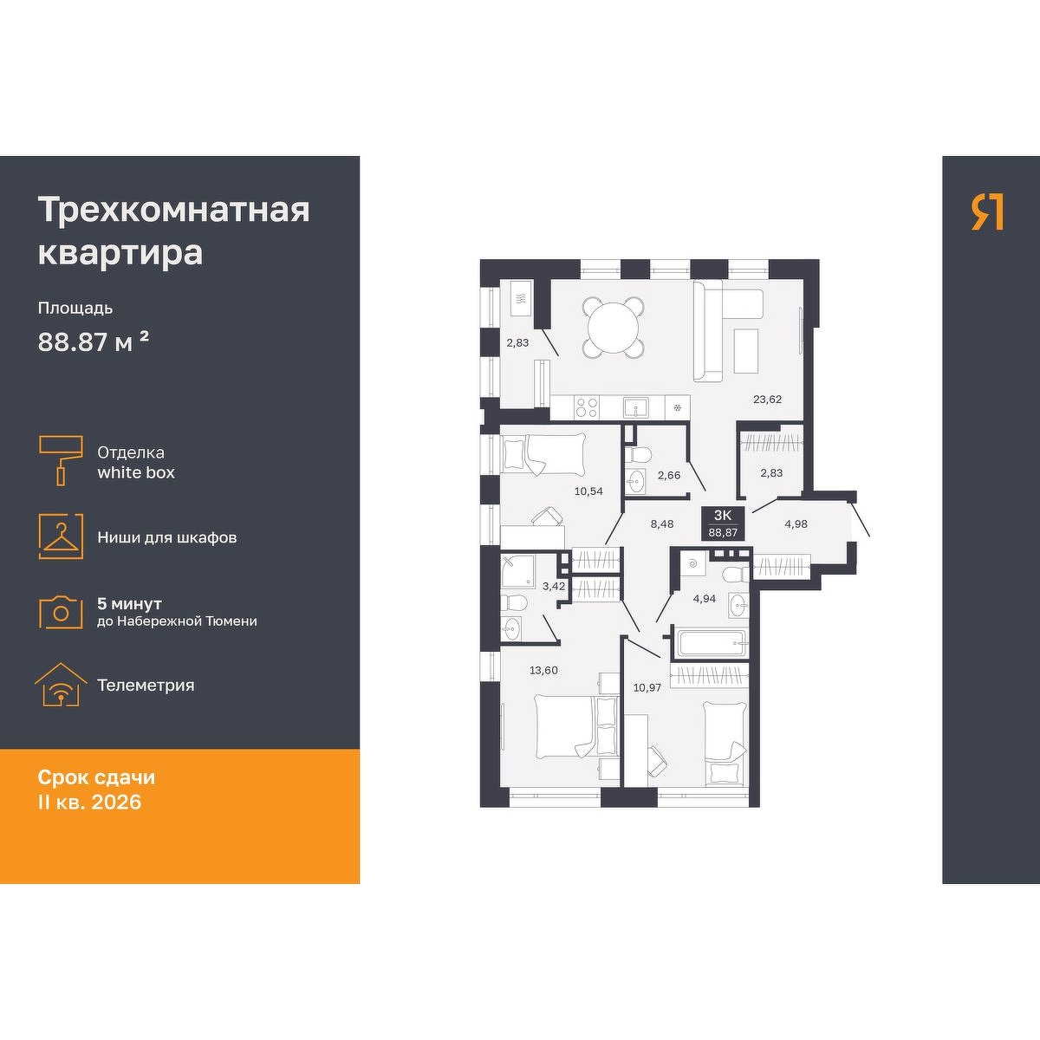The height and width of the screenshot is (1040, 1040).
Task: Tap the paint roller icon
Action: point(61,460)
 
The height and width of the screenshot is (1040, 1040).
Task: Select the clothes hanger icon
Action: point(61,536)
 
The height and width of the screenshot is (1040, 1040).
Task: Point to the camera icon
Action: point(61,612)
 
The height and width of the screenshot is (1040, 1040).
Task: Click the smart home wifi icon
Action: point(61,685)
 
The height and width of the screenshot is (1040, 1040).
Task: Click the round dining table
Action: point(613,327)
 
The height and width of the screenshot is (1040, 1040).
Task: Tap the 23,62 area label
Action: point(767,400)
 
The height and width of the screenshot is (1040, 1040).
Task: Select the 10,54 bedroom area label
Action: point(588,491)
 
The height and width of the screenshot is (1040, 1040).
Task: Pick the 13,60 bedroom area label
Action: point(543,670)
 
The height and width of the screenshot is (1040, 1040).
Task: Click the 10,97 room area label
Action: point(647,687)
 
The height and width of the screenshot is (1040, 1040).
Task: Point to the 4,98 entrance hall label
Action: point(796,523)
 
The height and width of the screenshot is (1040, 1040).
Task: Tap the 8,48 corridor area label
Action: point(661,523)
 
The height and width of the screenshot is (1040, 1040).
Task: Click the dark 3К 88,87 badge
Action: point(723,523)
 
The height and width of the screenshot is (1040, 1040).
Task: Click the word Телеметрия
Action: point(146,686)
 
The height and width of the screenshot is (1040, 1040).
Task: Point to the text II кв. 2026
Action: point(89,802)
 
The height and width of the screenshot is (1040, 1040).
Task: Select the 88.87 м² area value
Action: point(93,341)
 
